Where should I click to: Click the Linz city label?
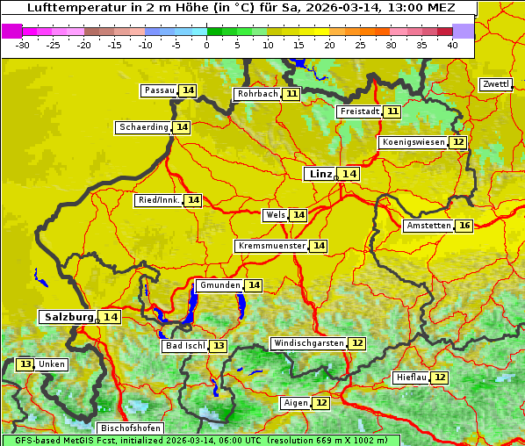(320, 174)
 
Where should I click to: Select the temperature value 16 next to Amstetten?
(464, 226)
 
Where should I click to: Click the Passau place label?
(159, 90)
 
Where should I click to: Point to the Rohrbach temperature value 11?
(291, 94)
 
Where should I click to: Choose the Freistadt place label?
(359, 111)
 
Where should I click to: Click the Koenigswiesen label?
(413, 142)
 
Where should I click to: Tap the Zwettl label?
(495, 84)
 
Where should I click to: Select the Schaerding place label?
(143, 127)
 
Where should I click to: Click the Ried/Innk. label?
(158, 200)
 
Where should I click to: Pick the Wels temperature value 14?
(298, 215)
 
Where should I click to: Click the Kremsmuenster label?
(271, 246)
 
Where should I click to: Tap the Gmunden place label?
(219, 285)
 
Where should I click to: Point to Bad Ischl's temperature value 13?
(218, 346)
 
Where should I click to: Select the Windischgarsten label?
(307, 343)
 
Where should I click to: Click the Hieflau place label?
(411, 378)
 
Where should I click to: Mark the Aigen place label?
(295, 403)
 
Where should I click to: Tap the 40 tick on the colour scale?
(452, 44)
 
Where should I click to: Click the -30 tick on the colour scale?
(23, 44)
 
